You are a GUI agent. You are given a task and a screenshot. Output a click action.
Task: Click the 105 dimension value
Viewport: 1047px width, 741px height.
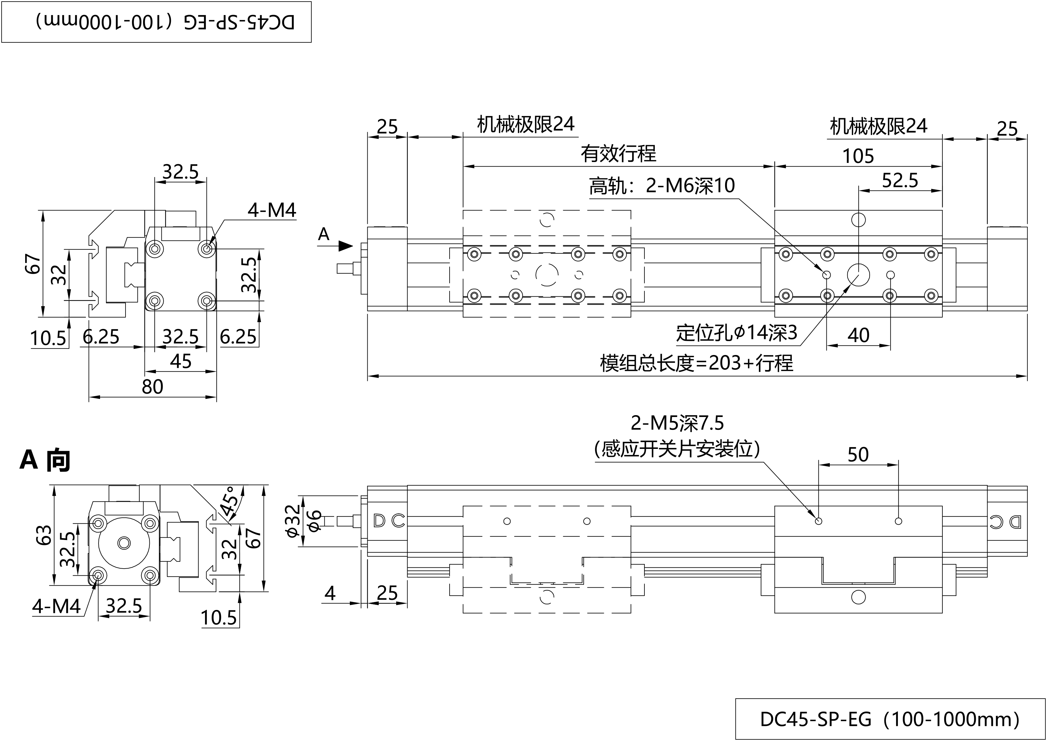click(858, 156)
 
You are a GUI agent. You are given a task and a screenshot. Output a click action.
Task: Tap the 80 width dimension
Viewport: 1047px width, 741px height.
click(153, 387)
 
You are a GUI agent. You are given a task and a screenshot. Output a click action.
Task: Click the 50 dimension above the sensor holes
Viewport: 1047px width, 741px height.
click(858, 455)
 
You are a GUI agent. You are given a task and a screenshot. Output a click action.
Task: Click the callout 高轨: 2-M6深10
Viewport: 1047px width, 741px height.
click(662, 186)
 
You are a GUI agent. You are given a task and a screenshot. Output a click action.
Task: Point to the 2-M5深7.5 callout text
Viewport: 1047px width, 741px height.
click(677, 423)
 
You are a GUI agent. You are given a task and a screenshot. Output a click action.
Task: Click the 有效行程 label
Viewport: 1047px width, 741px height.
click(618, 154)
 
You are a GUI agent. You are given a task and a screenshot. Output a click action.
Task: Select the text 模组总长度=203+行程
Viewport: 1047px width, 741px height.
click(696, 363)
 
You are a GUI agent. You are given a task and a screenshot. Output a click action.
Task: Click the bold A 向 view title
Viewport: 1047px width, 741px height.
click(45, 460)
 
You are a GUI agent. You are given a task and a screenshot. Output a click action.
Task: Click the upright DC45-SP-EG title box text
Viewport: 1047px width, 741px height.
click(890, 719)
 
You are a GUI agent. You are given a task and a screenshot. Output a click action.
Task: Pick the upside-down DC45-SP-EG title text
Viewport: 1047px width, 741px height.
click(165, 22)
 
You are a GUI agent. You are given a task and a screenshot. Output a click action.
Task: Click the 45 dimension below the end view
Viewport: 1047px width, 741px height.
click(181, 362)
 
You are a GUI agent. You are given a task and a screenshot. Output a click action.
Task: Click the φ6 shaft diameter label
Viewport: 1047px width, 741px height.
click(315, 521)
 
